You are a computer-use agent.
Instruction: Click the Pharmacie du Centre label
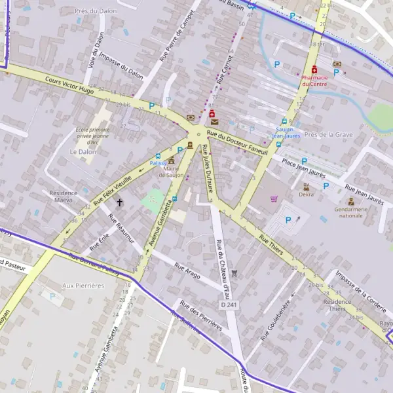click(x=314, y=81)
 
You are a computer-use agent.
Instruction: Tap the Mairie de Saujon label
click(x=172, y=172)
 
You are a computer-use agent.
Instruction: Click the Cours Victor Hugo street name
click(x=70, y=86)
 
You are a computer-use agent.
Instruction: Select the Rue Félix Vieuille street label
click(x=118, y=191)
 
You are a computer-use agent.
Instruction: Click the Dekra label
click(x=306, y=194)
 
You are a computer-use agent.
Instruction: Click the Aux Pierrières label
click(x=83, y=286)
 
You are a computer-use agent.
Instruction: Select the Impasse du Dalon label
click(x=122, y=69)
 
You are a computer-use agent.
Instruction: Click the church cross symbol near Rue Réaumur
click(x=120, y=204)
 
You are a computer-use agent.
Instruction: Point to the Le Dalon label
click(x=82, y=151)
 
